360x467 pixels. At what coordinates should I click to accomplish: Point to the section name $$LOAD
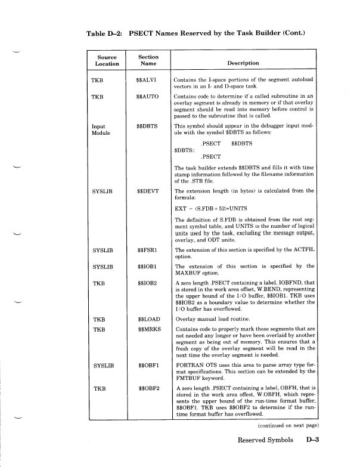pyautogui.click(x=147, y=319)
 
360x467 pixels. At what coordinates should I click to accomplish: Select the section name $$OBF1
pyautogui.click(x=147, y=363)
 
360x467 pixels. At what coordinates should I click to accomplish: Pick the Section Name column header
pyautogui.click(x=147, y=60)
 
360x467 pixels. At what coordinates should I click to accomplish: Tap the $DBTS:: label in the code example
pyautogui.click(x=183, y=150)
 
